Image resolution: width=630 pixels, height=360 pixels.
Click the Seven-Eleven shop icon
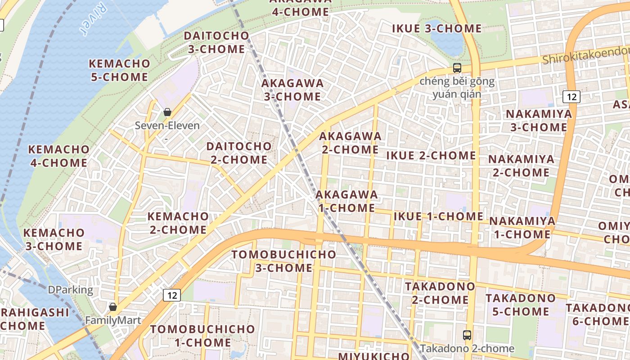[167, 112]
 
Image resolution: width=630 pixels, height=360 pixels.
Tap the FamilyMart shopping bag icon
[113, 307]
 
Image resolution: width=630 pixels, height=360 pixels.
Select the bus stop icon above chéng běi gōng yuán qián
[457, 68]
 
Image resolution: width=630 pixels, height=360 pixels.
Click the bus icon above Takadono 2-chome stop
[467, 335]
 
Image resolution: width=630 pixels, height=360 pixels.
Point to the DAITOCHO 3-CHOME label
[216, 42]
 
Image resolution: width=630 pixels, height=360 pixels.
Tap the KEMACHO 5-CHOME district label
[119, 70]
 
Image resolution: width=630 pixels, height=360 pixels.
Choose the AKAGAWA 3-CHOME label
[292, 90]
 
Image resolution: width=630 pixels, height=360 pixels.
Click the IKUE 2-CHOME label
[431, 156]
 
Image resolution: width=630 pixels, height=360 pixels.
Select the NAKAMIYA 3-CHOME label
[539, 121]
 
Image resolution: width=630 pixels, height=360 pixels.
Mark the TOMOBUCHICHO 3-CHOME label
[284, 261]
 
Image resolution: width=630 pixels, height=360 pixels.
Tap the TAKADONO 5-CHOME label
[520, 305]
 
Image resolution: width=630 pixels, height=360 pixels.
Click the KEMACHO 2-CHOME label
[178, 223]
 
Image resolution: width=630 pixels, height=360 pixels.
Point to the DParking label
[71, 290]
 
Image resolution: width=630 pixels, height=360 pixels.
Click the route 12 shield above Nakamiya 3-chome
[571, 96]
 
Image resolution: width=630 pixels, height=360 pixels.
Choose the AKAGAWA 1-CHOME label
[346, 201]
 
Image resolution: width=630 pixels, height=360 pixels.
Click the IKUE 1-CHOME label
[438, 216]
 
